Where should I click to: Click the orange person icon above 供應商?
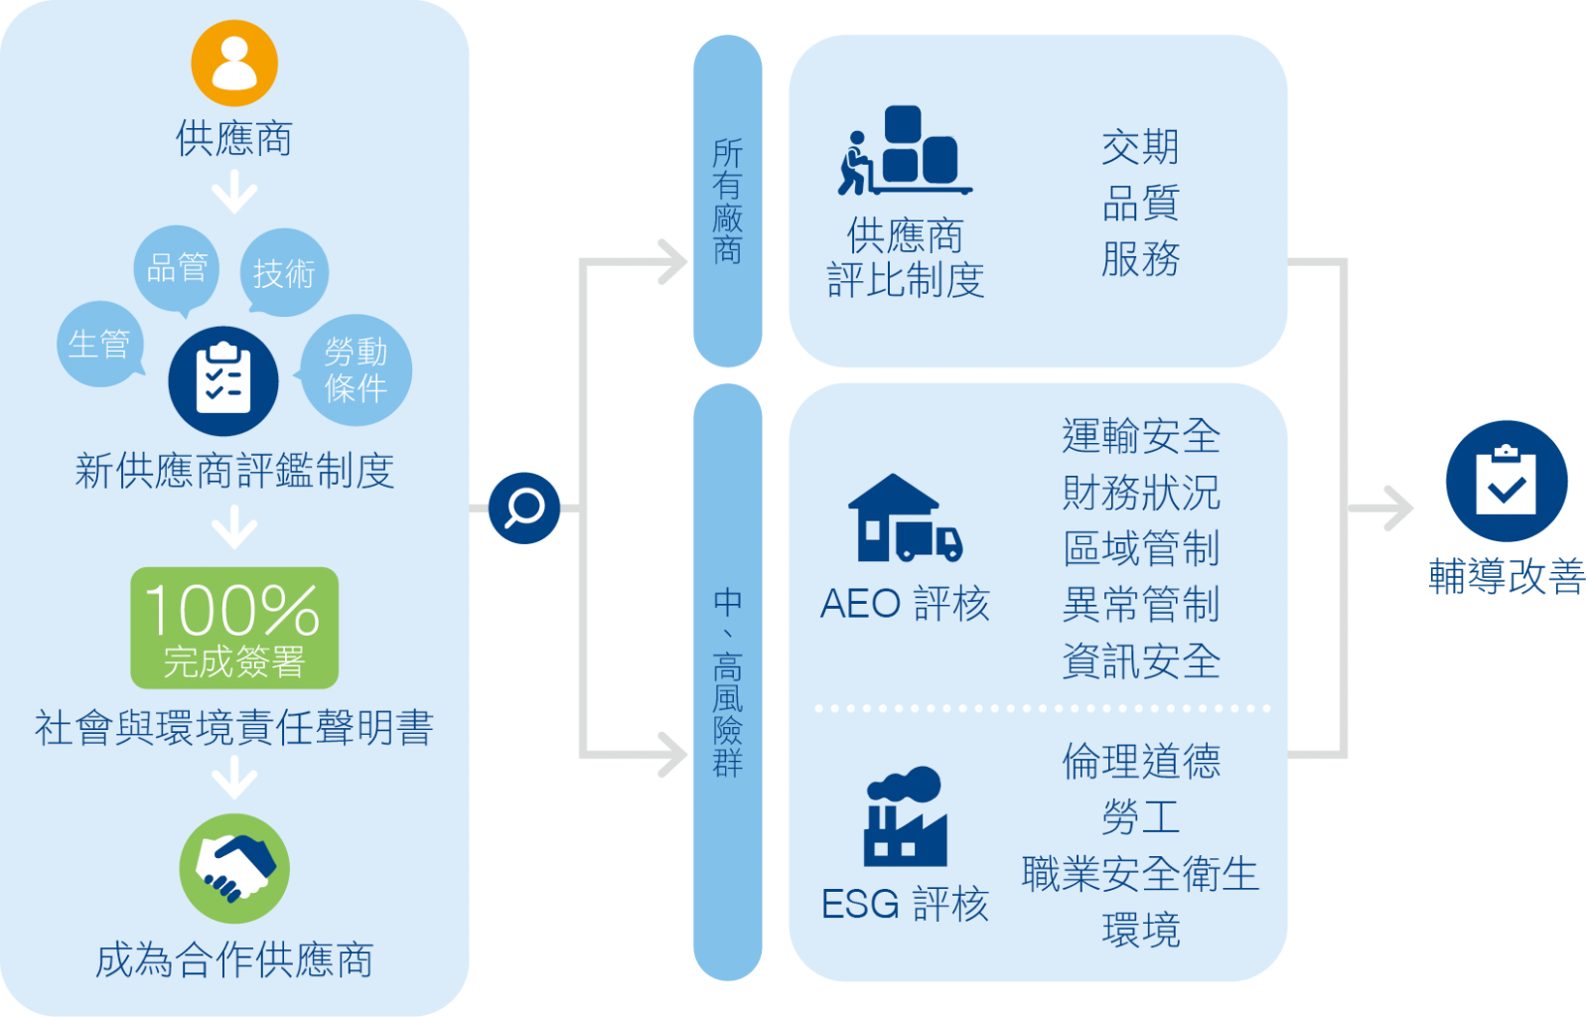(x=234, y=64)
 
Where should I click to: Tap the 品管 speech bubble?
(x=177, y=267)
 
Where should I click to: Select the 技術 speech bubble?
(x=284, y=272)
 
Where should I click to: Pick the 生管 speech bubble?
(x=99, y=344)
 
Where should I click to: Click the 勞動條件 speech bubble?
(x=356, y=369)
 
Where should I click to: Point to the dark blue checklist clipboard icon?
(x=223, y=380)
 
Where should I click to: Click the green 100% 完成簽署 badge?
(x=234, y=628)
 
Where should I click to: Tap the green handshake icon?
(x=234, y=868)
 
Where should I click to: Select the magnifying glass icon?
(x=524, y=508)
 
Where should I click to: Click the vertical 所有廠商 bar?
(x=728, y=201)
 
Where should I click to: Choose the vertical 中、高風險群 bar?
(x=728, y=682)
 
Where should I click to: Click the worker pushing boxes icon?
(x=902, y=151)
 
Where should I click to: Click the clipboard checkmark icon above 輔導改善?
(x=1506, y=481)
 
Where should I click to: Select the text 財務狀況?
(x=1141, y=493)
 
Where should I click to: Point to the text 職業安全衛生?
(x=1141, y=874)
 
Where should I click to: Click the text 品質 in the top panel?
(x=1141, y=204)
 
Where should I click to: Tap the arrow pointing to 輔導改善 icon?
(x=1394, y=508)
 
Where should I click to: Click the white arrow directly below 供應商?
(x=234, y=192)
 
